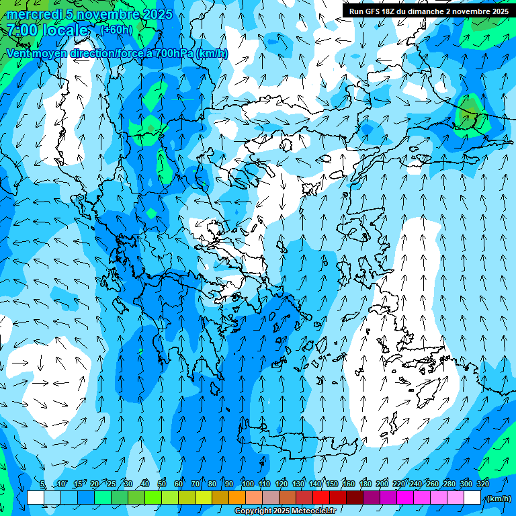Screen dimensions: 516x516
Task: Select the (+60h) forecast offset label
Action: coord(116,30)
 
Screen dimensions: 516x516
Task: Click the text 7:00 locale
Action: coord(47,30)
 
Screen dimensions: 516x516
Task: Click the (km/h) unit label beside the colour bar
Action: coord(498,499)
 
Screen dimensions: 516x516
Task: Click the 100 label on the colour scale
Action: coord(248,484)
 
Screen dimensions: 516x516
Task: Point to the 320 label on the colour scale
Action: coord(483,484)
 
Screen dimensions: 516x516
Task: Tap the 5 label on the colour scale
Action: coord(42,484)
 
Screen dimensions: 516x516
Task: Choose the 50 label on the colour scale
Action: coord(162,484)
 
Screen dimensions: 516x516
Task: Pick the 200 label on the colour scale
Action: coord(382,484)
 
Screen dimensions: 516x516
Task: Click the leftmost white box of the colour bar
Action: coord(36,498)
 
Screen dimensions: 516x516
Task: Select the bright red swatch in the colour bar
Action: coord(321,498)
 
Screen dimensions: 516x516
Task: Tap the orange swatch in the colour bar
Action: coord(237,498)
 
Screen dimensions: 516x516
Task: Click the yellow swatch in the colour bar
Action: coord(204,498)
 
